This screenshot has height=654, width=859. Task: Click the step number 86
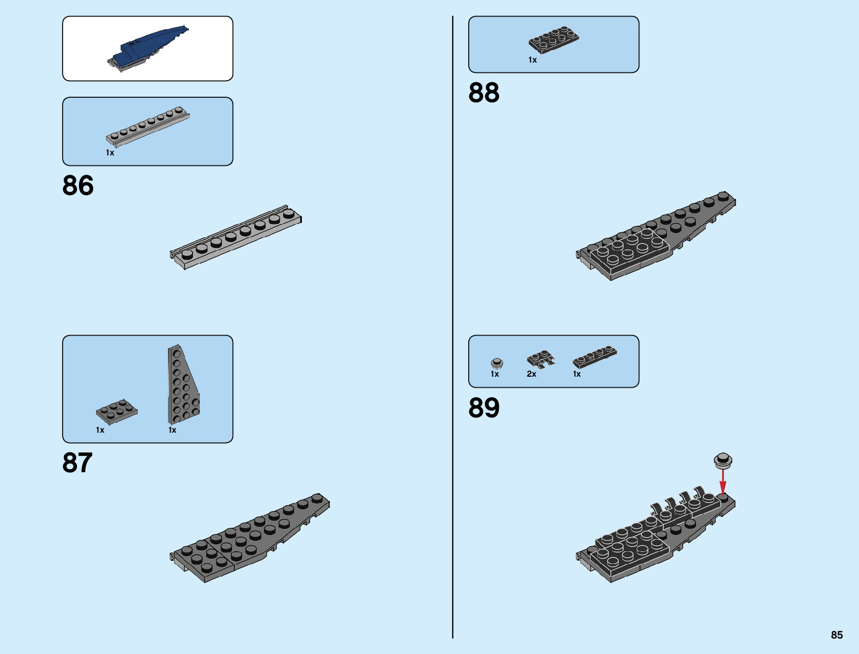tap(78, 186)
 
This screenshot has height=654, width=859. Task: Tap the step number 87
tap(77, 463)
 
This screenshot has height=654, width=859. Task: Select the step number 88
tap(484, 93)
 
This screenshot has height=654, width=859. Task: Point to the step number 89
tap(484, 408)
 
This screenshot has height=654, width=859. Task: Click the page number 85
tap(836, 635)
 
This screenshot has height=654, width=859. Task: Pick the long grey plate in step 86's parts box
tap(148, 127)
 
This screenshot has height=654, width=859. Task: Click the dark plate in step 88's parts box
tap(553, 40)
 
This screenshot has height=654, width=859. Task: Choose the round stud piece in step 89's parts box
tap(497, 363)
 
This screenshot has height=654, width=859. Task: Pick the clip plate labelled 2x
tap(541, 359)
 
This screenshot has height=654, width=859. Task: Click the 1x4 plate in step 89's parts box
tap(594, 356)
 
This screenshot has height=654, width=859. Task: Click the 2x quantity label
tap(531, 374)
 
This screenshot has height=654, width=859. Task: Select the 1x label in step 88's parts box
tap(532, 60)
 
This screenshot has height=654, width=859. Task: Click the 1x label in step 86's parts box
tap(110, 153)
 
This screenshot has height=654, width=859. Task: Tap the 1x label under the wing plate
tap(172, 430)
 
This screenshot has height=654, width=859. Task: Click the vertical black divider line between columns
tap(453, 329)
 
